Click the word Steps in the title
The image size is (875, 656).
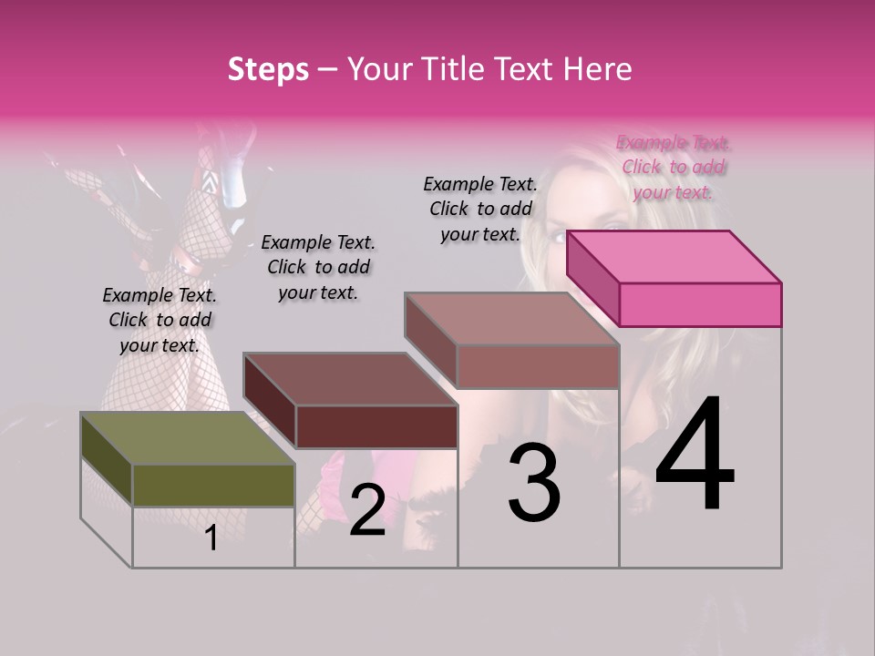(x=268, y=69)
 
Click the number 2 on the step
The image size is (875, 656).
(x=367, y=510)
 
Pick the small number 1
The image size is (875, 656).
(x=211, y=538)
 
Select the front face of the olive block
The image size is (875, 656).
(x=213, y=485)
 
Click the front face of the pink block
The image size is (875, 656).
(x=700, y=304)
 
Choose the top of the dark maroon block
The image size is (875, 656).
(x=350, y=378)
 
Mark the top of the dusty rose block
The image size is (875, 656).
(x=511, y=319)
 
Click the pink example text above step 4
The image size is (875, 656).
(x=674, y=167)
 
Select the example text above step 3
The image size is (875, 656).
(x=480, y=209)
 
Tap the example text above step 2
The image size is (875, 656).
(x=318, y=267)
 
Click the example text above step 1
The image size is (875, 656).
(x=160, y=320)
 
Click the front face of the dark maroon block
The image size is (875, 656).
(x=376, y=426)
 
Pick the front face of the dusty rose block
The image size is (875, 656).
(x=538, y=366)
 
